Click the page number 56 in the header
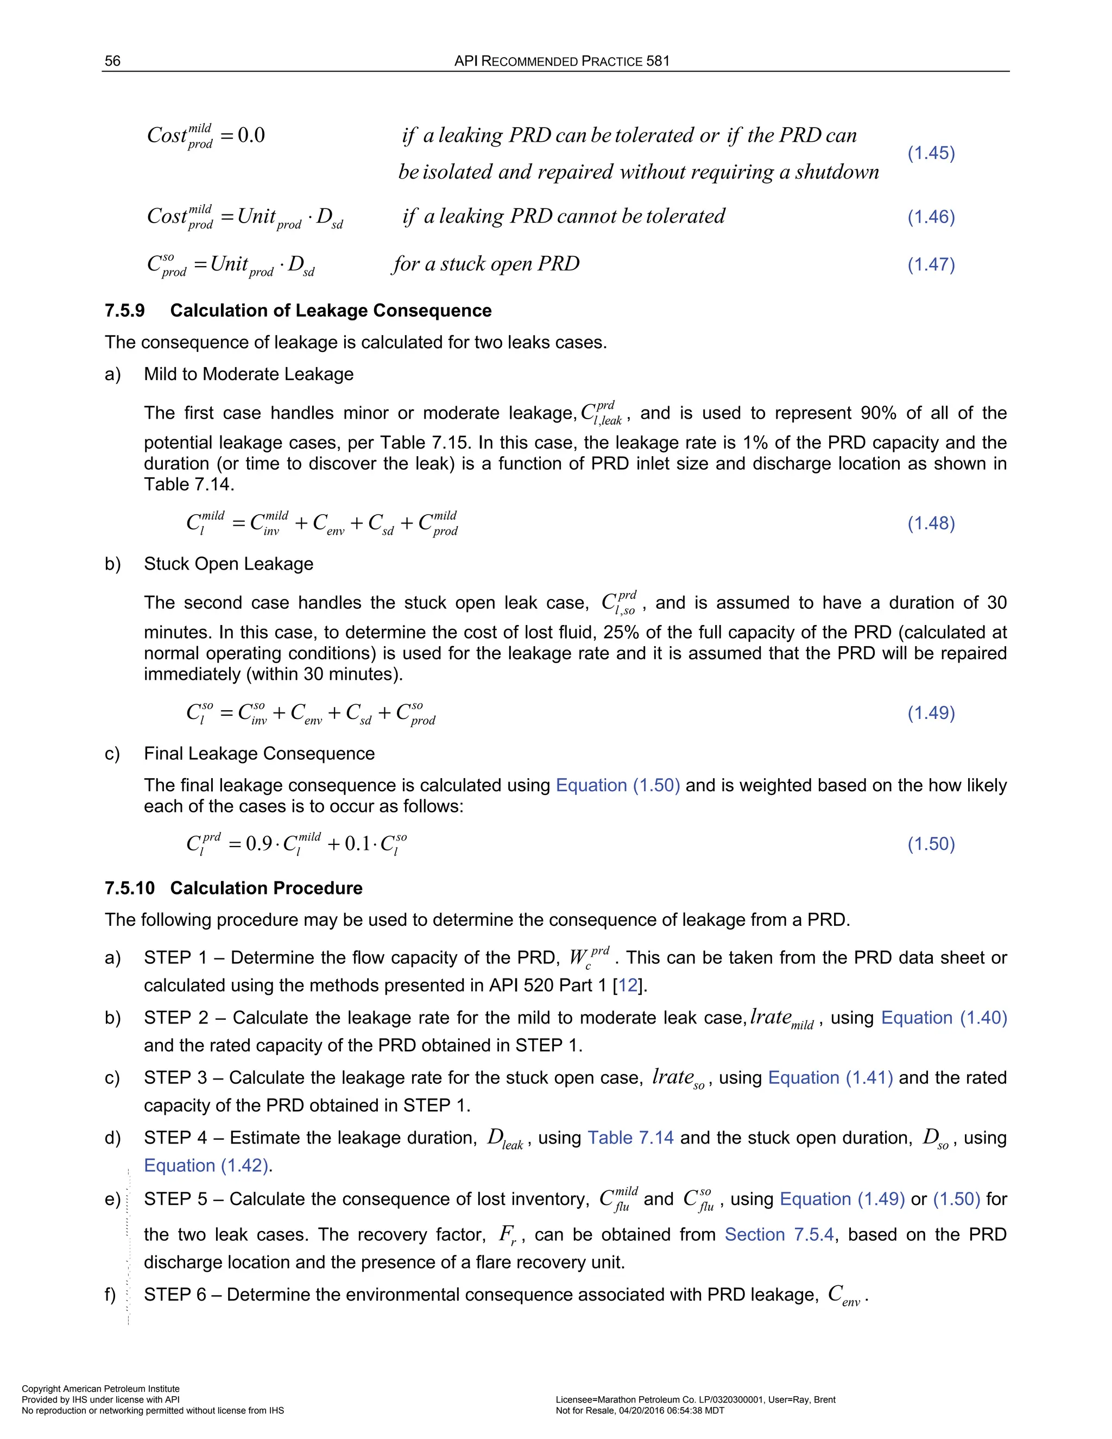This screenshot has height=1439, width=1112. [112, 61]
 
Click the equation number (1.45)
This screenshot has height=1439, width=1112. [931, 153]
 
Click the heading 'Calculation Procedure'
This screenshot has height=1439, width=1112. [266, 888]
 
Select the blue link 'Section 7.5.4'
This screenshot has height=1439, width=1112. [779, 1234]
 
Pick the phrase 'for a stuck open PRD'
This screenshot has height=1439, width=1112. [485, 264]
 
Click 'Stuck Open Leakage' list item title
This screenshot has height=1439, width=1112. [229, 564]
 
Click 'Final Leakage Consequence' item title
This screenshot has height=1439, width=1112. [259, 754]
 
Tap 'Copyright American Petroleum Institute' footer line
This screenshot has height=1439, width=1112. [100, 1389]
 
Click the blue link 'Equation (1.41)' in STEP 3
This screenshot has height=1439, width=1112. [830, 1078]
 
